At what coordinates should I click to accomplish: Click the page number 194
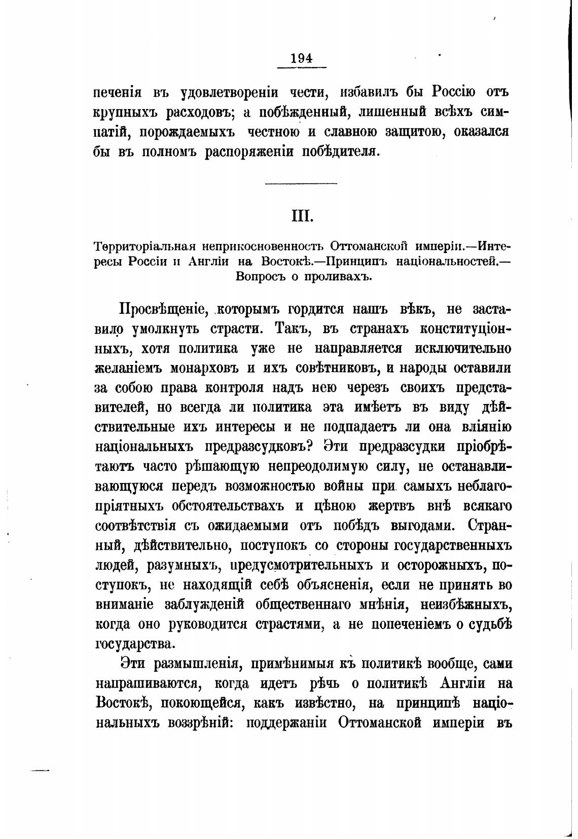(x=302, y=58)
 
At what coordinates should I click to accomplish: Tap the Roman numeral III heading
(x=302, y=216)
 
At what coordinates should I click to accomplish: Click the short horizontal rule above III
(x=301, y=183)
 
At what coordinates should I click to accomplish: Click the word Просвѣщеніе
(x=161, y=310)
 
